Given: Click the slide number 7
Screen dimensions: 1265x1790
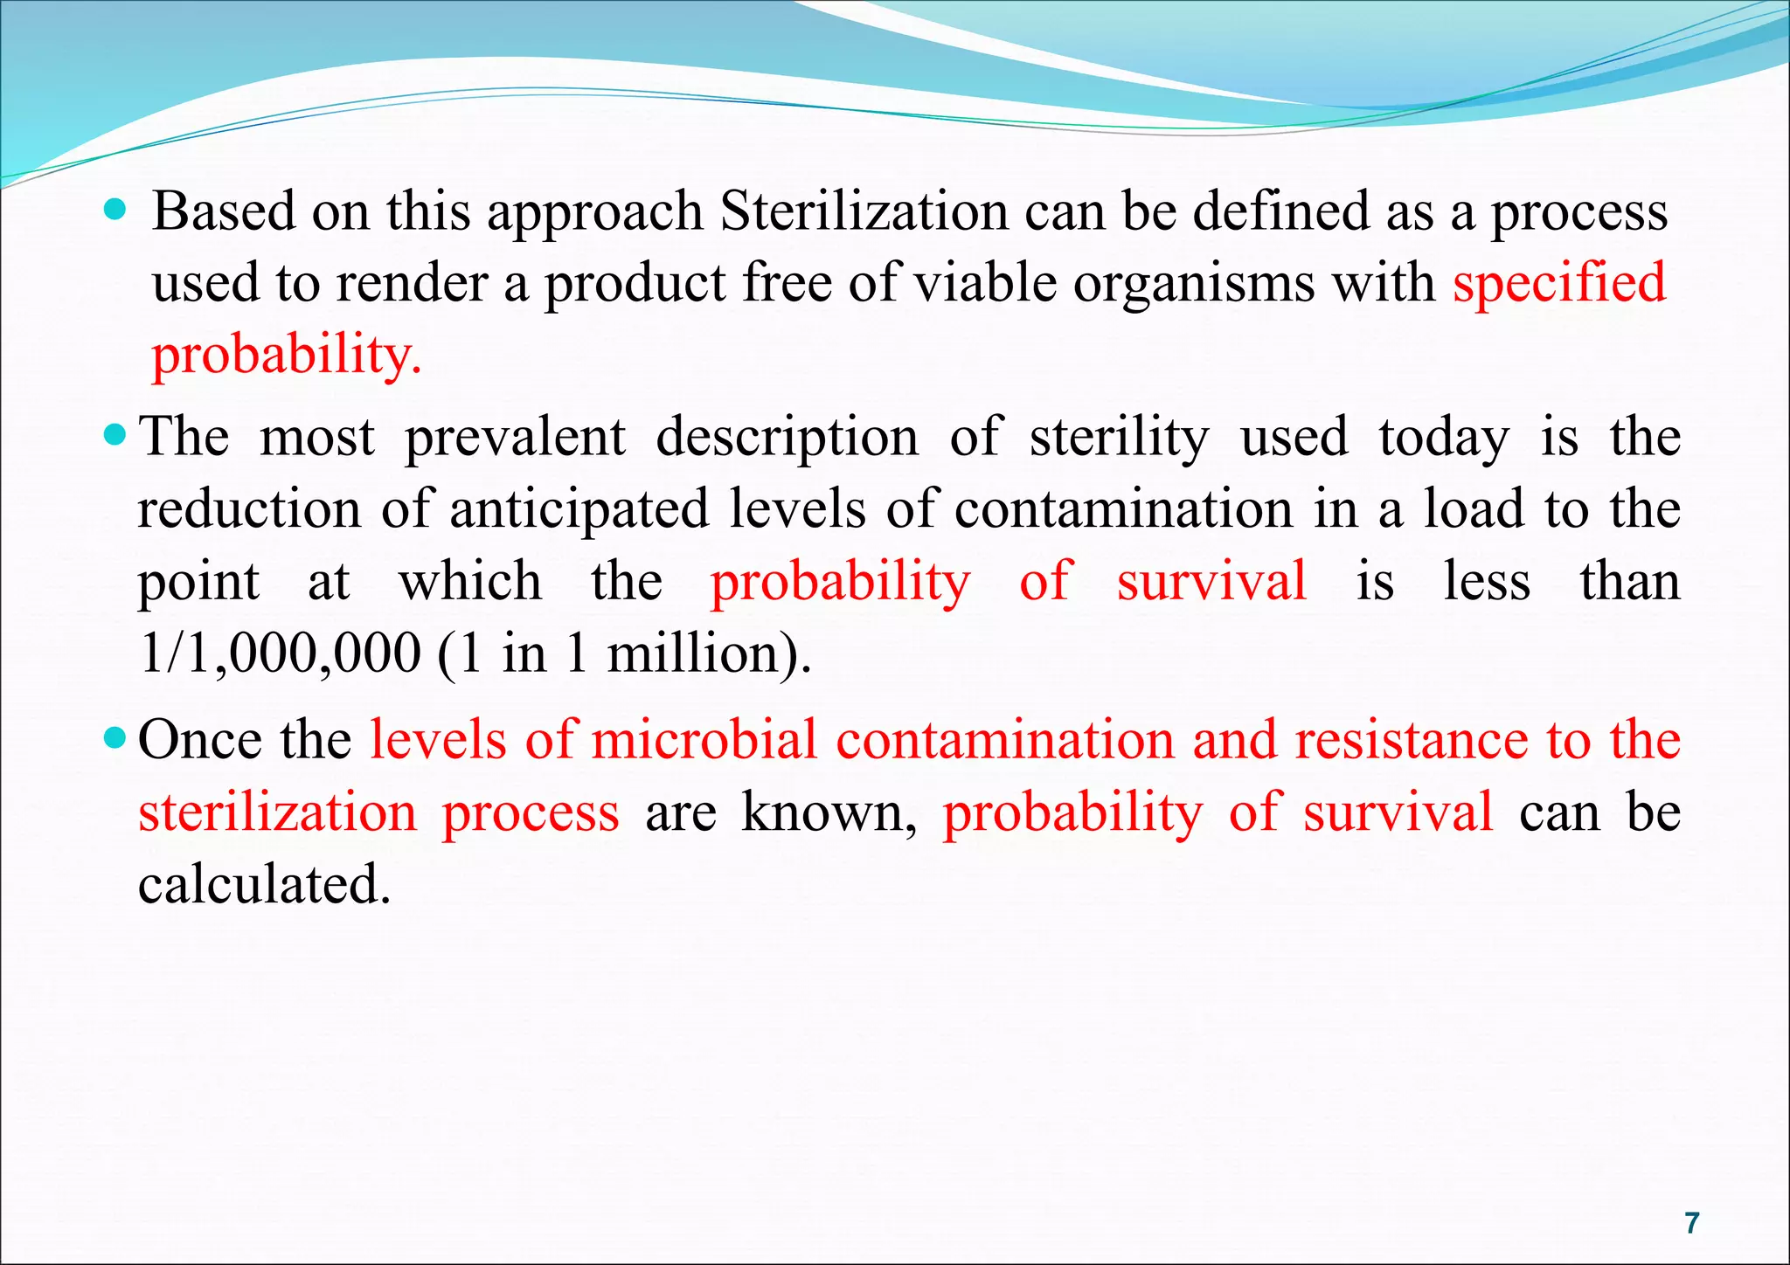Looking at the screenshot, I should pos(1692,1222).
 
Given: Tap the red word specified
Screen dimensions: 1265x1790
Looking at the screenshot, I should pos(1559,283).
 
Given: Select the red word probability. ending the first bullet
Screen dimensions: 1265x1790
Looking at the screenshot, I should pos(287,356).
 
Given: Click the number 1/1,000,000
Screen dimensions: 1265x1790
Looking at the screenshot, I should pos(280,653).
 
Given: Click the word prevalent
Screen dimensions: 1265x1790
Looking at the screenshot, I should pos(515,437).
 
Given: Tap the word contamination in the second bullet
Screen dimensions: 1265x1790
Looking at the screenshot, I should pos(1123,509).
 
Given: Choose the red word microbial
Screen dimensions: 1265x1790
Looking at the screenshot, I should pos(704,740).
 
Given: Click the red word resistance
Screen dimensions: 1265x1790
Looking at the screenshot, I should pos(1411,740).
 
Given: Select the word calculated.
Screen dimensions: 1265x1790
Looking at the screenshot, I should pos(264,884).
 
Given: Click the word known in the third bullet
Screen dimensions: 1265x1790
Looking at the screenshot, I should pos(829,812).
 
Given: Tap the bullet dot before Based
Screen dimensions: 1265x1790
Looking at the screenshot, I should pos(114,210).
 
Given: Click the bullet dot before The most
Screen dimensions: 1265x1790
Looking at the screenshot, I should pos(114,433).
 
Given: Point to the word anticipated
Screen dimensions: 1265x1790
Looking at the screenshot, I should pos(579,509).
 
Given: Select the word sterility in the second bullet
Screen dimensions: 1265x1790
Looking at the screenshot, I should pos(1120,437).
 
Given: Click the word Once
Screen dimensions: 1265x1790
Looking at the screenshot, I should pos(200,740).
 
